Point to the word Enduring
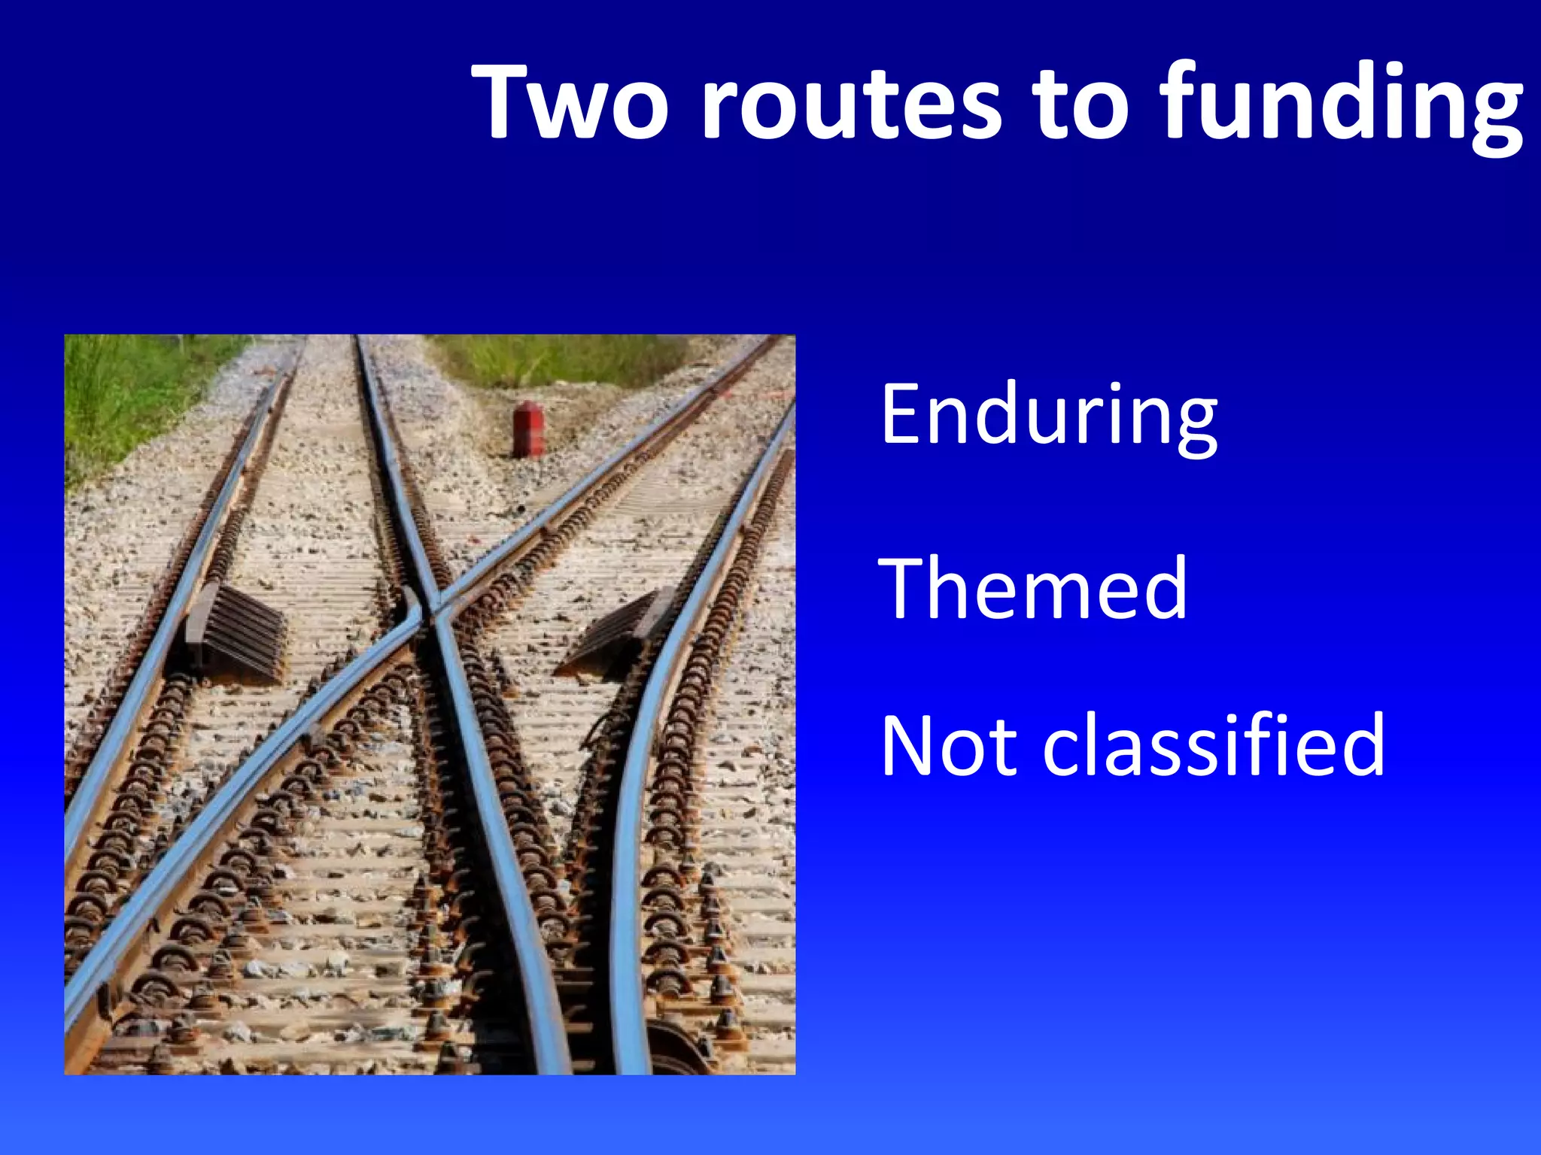(1049, 416)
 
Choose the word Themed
(1032, 589)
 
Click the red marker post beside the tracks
(528, 429)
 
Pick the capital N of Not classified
(911, 746)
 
